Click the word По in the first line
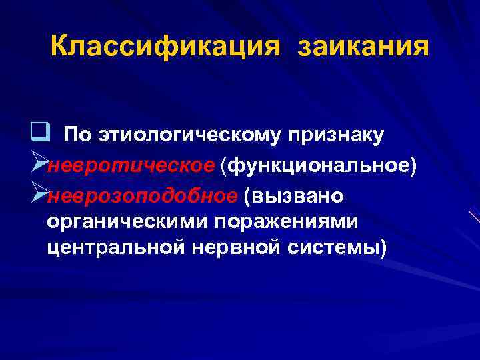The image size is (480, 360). coord(78,135)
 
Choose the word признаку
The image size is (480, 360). coord(336,136)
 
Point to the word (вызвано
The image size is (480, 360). coord(294,195)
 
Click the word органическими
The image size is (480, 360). coord(117,221)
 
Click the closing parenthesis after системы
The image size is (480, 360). coord(382,248)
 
